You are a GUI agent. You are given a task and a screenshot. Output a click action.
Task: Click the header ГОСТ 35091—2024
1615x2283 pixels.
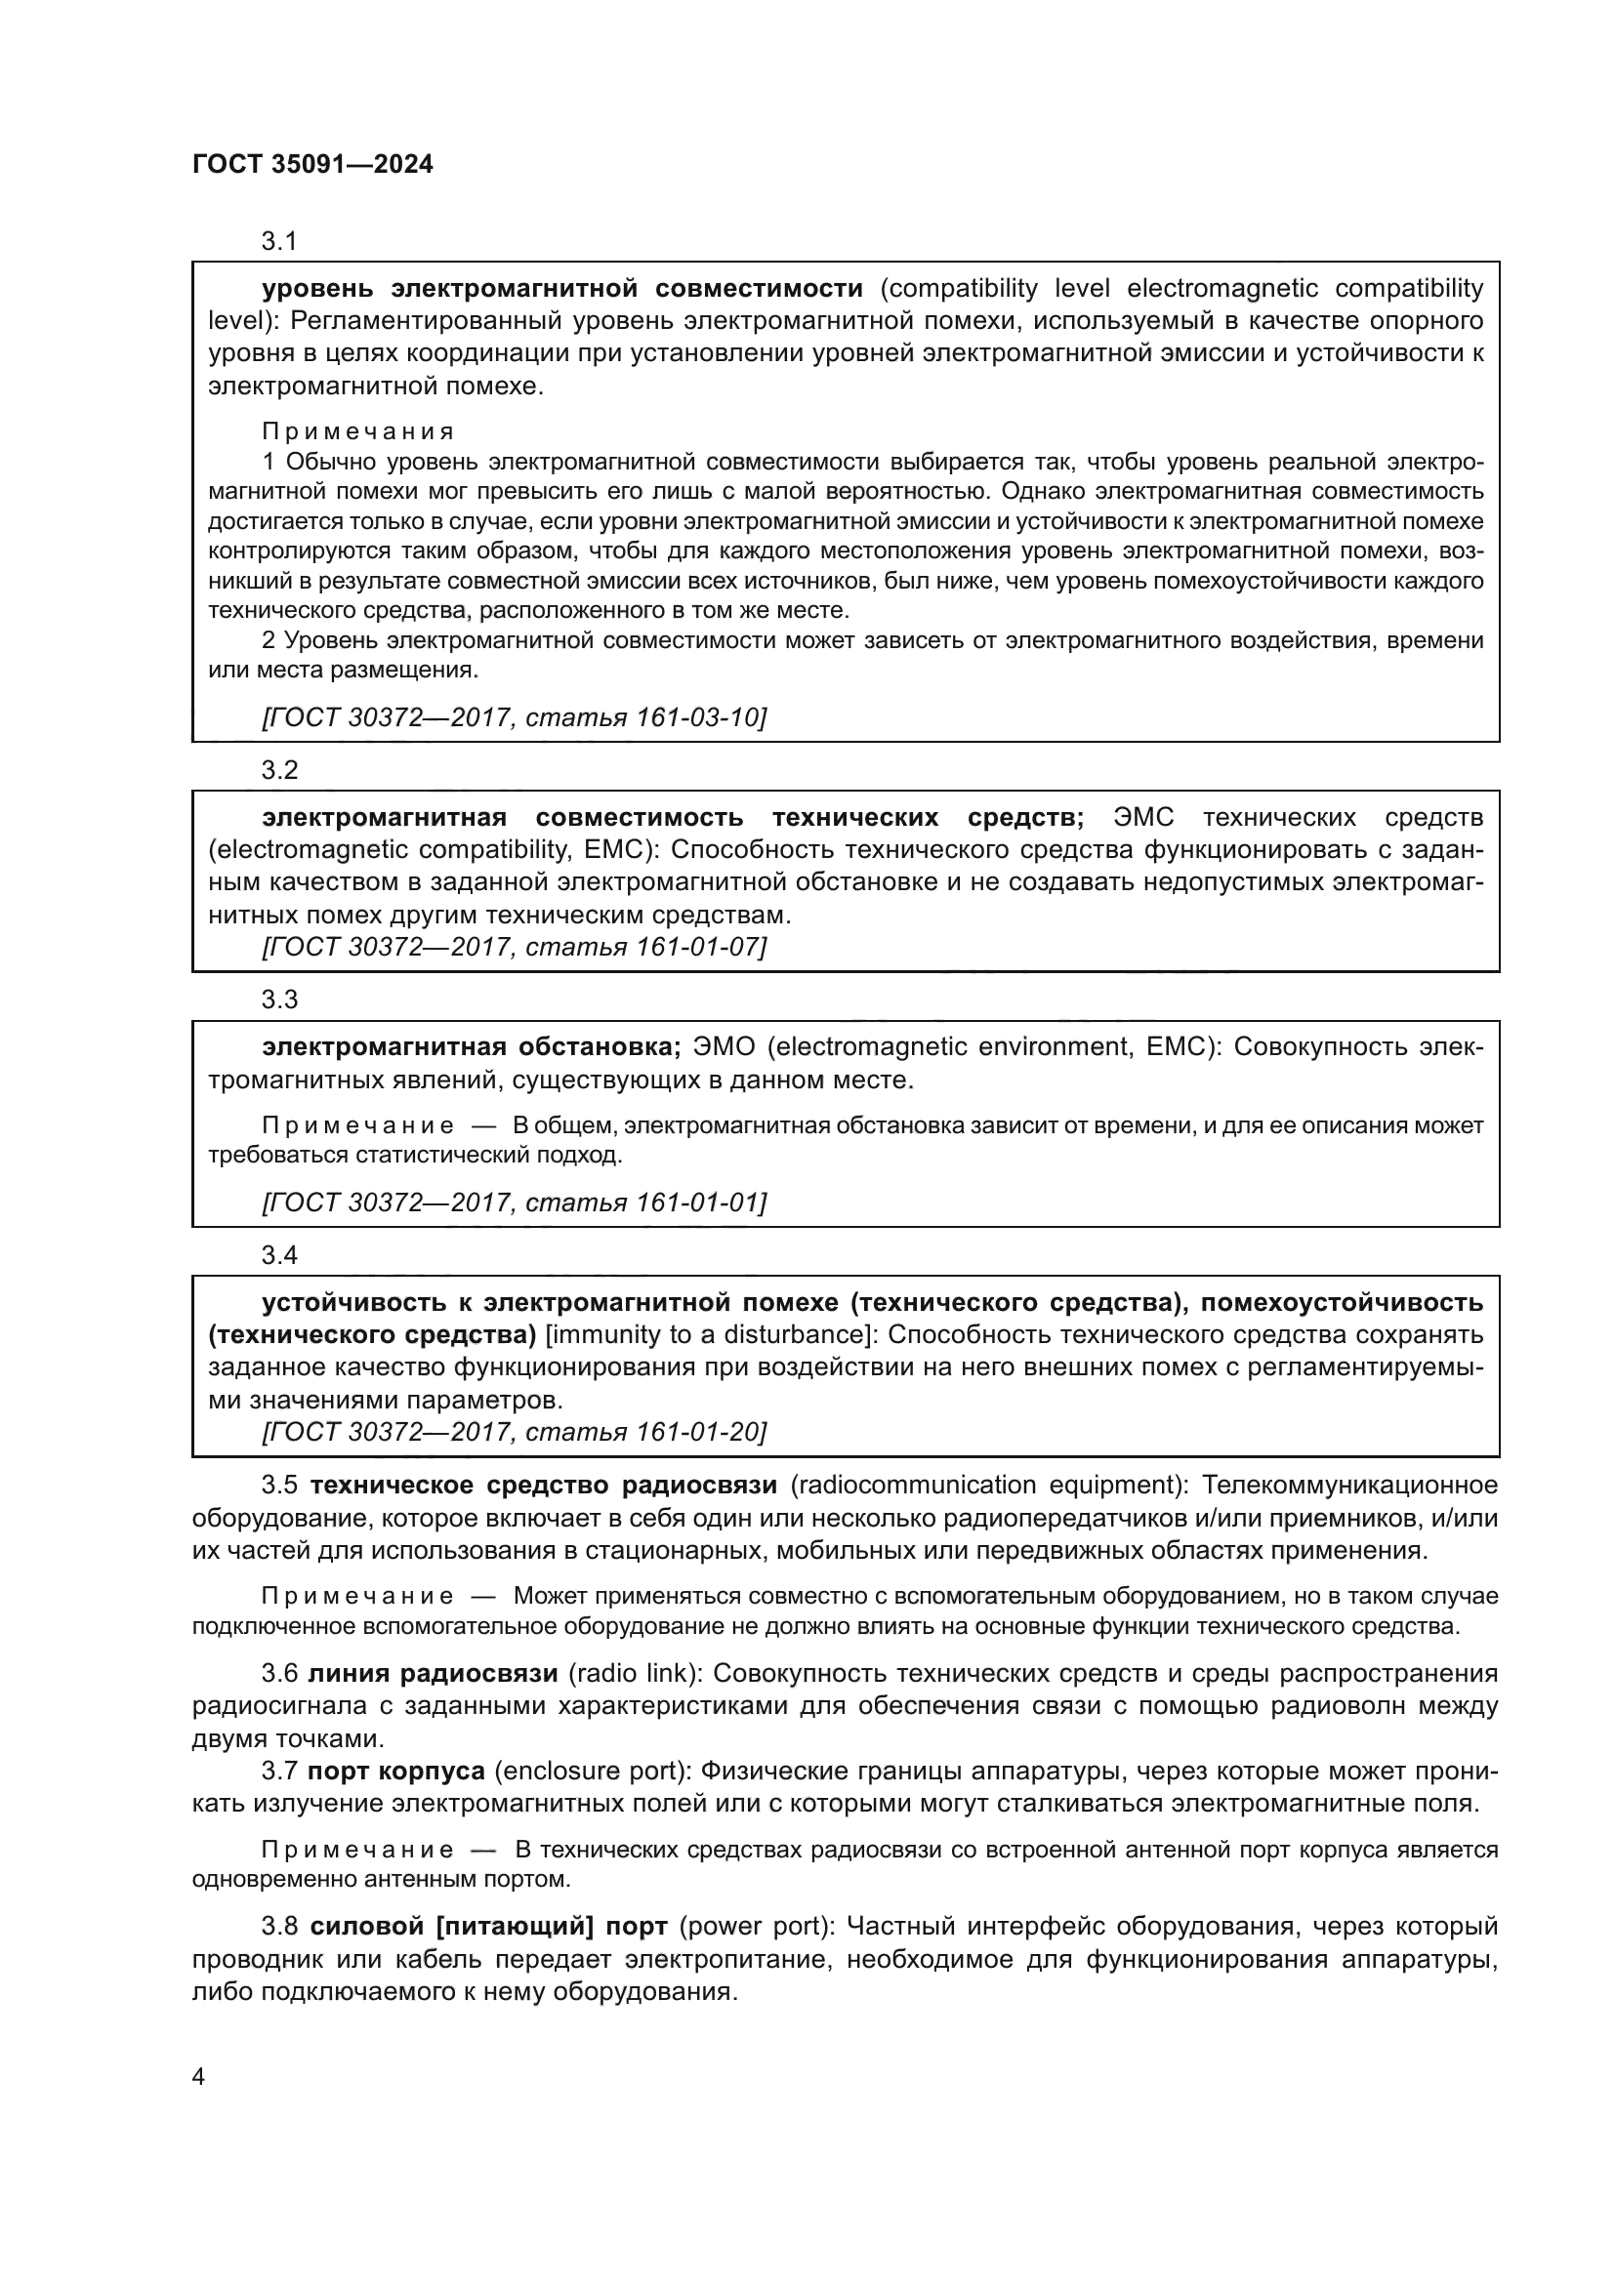[x=312, y=165]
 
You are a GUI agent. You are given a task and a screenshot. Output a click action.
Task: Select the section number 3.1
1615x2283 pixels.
[x=279, y=241]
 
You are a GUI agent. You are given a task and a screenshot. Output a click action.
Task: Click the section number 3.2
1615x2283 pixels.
[x=279, y=769]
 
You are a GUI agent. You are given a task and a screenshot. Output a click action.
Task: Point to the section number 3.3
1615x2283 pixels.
[x=279, y=999]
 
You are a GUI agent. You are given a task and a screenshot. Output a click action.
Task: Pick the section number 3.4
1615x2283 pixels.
[x=279, y=1255]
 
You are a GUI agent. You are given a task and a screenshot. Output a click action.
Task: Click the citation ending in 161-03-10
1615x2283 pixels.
[x=514, y=717]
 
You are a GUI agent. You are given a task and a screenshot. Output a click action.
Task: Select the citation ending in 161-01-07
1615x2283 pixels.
[x=514, y=947]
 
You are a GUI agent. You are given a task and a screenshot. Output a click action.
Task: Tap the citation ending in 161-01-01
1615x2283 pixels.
[x=514, y=1203]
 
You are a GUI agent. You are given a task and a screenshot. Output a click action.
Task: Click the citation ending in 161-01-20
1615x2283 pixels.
[x=514, y=1432]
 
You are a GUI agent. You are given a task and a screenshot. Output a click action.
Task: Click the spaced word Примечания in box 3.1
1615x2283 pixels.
[x=358, y=431]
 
